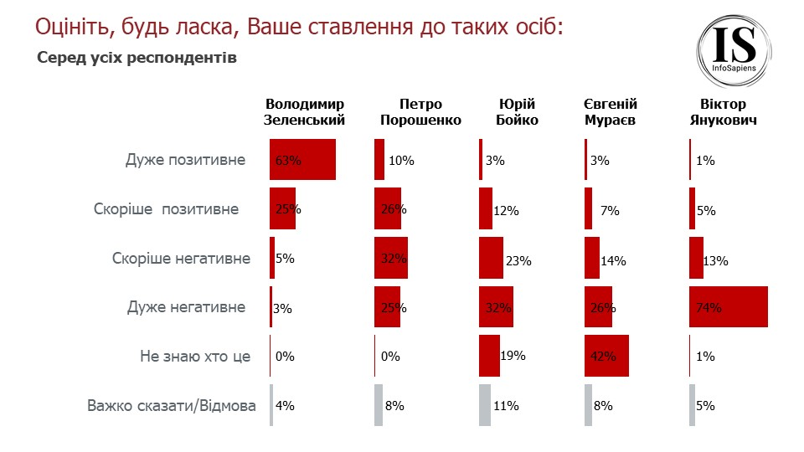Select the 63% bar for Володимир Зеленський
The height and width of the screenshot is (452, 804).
302,160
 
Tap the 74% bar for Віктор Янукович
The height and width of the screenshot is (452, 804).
728,307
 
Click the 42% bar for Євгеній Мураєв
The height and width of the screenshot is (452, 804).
606,356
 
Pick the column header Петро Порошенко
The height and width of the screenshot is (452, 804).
420,112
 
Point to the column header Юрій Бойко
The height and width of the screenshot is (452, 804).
517,112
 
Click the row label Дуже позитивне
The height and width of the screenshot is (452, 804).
186,160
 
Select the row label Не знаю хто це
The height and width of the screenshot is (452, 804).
195,357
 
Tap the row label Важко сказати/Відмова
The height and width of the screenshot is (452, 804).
172,406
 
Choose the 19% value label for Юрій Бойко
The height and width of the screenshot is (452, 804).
513,356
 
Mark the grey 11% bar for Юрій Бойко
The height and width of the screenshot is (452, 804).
484,406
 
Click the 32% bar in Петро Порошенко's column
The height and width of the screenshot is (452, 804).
390,259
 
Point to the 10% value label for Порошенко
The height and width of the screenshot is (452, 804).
402,161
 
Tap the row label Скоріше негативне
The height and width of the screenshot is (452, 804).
181,259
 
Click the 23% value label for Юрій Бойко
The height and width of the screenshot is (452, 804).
519,261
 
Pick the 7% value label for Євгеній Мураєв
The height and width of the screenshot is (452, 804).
610,211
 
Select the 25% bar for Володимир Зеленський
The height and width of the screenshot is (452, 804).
282,209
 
